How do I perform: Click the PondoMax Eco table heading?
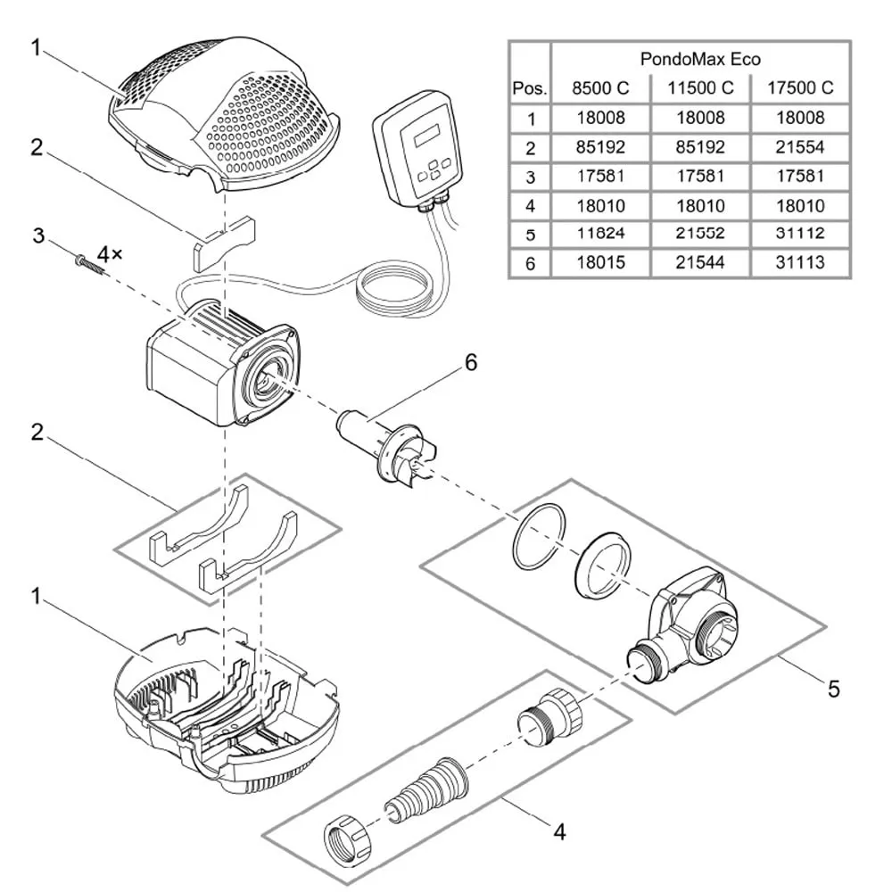point(700,59)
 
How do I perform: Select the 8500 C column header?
point(599,87)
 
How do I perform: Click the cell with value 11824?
point(599,234)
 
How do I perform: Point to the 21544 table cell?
point(700,263)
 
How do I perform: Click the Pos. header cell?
point(529,88)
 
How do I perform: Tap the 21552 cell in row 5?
point(700,234)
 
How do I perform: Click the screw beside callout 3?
point(86,260)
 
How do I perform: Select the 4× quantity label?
point(110,254)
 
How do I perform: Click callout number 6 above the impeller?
point(470,363)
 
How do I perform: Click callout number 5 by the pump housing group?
point(832,688)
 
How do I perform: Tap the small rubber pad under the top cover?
point(223,242)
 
